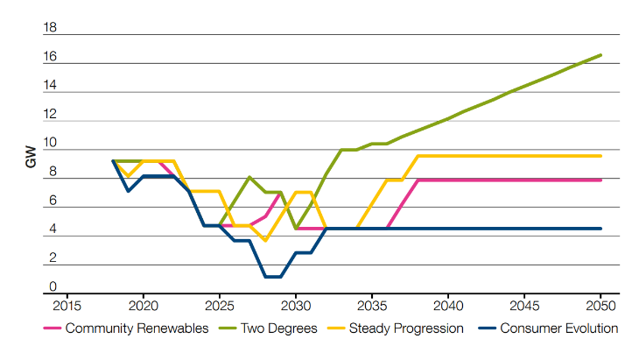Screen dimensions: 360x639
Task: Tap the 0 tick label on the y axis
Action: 53,286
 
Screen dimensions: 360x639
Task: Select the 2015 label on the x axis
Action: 66,307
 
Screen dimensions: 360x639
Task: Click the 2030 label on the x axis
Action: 296,307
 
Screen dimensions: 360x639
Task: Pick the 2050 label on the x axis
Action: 601,307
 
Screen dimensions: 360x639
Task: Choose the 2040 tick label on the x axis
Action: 448,307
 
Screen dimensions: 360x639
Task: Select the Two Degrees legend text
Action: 277,329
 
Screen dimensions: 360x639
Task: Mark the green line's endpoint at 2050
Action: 601,55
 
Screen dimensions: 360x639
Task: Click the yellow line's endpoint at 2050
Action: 601,156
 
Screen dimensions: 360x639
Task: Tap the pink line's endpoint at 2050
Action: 601,180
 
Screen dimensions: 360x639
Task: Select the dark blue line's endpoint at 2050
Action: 601,228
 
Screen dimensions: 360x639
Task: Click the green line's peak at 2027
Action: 250,177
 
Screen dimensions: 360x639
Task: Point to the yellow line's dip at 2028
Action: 265,239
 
